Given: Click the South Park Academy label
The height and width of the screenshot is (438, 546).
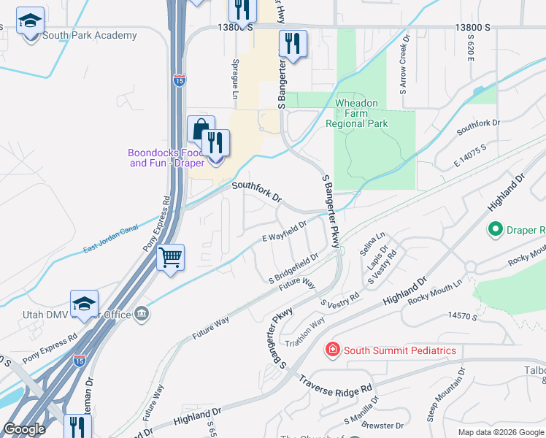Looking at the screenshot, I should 89,35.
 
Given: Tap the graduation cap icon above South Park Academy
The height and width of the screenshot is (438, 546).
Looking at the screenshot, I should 30,22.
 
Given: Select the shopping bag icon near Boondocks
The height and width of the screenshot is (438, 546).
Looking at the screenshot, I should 201,129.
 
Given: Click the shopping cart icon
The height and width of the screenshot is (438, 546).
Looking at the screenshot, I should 170,257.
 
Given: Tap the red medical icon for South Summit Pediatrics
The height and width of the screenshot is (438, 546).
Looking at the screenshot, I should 333,350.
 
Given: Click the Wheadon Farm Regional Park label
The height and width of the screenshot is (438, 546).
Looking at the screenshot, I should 356,113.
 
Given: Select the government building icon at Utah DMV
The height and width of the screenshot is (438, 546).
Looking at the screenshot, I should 142,315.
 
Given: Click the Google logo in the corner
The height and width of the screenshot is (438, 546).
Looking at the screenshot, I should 24,429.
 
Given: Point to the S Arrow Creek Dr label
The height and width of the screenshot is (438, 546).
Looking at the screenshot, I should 402,68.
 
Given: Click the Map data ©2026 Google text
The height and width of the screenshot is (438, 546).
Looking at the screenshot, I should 500,432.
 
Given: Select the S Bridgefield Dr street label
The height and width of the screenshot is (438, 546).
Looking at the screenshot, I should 293,269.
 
